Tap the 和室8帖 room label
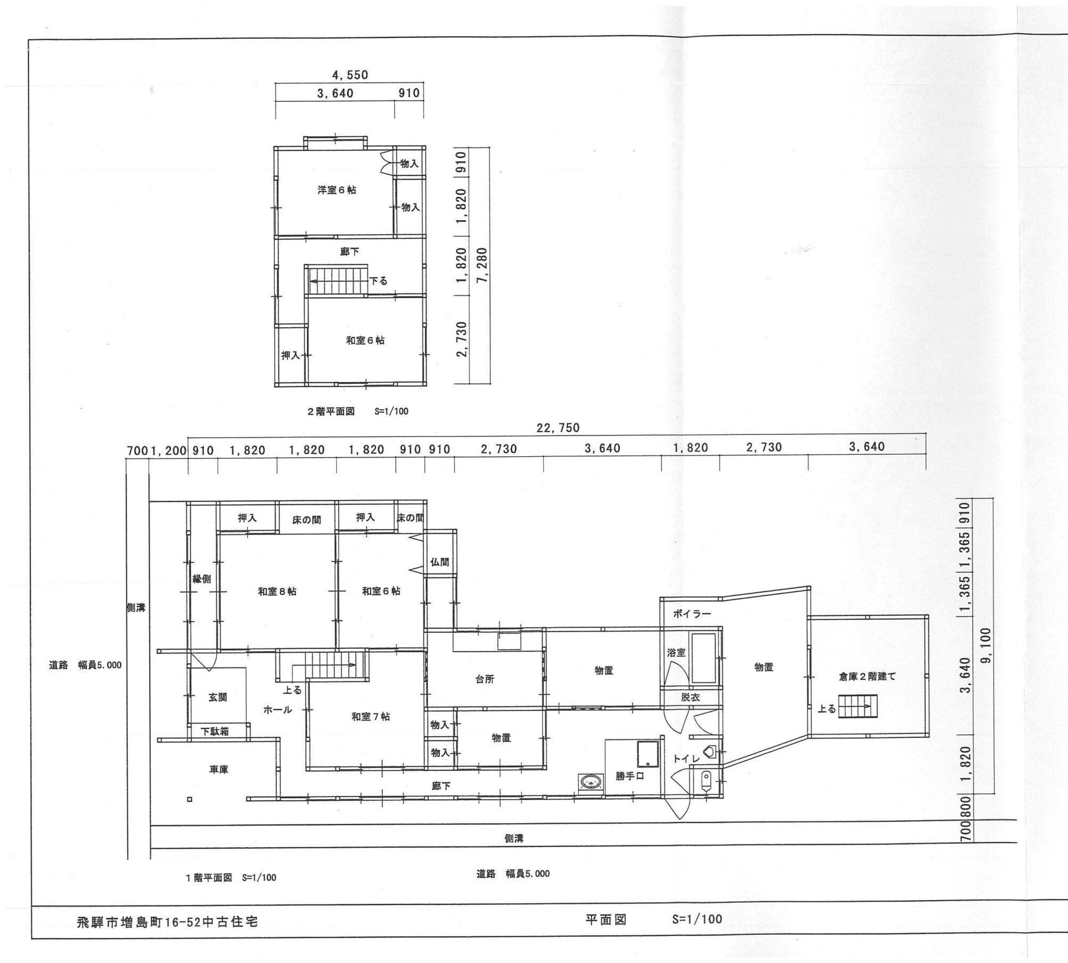coord(277,591)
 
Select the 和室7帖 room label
coord(370,717)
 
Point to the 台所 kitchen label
coord(485,679)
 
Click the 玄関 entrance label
coord(218,697)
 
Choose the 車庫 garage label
coord(219,769)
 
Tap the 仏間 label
coord(439,562)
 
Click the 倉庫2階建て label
coord(867,677)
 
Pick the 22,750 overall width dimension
coord(558,428)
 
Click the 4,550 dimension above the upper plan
coord(350,75)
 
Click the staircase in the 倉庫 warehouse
coord(858,706)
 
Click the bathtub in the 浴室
coord(703,658)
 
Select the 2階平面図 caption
coord(331,411)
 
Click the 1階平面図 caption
coord(209,878)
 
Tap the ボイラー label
coord(691,614)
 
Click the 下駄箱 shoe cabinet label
coord(215,731)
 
